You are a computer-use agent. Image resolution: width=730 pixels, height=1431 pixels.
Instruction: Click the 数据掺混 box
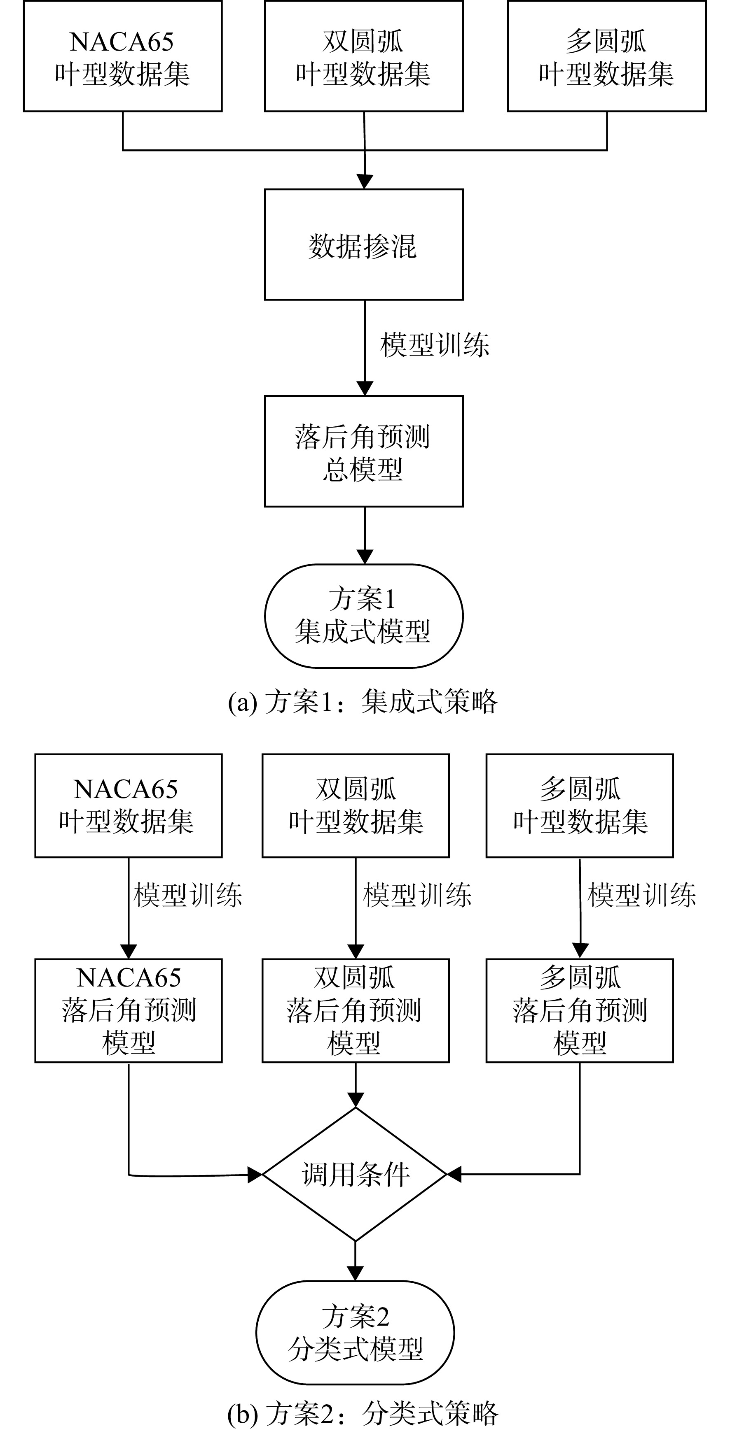pos(364,244)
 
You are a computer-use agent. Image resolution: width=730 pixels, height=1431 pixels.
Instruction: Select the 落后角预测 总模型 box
pos(364,451)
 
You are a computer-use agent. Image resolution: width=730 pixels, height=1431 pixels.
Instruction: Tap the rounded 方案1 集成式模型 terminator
pos(364,616)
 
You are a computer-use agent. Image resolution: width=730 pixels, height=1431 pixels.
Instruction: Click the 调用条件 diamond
pos(355,1174)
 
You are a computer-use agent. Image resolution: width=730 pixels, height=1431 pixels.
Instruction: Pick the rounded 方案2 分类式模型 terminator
pos(355,1333)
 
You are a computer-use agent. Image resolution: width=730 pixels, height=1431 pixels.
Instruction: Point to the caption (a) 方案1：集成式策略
pos(363,702)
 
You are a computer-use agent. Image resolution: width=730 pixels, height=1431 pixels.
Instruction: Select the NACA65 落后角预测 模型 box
pos(129,1010)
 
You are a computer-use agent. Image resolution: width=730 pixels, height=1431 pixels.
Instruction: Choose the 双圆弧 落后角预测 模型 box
pos(355,1010)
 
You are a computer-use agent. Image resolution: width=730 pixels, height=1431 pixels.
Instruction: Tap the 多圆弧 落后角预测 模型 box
pos(579,1010)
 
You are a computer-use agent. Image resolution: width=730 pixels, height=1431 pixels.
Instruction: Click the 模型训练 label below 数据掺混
pos(435,345)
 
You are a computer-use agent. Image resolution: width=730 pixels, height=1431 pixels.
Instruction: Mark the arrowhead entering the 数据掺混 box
pos(364,181)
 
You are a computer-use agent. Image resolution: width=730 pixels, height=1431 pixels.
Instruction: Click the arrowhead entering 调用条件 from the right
pos(455,1174)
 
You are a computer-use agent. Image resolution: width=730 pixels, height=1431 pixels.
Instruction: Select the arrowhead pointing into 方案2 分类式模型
pos(355,1274)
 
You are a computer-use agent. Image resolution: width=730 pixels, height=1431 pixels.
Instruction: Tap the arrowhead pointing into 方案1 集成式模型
pos(364,556)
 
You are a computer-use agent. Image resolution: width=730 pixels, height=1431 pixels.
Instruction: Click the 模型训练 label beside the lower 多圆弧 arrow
pos(641,895)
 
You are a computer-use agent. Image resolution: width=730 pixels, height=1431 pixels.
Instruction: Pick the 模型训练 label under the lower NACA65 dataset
pos(188,895)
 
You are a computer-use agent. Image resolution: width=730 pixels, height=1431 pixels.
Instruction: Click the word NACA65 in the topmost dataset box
pos(122,42)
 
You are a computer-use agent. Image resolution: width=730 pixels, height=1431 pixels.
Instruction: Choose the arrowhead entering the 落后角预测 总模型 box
pos(364,388)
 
